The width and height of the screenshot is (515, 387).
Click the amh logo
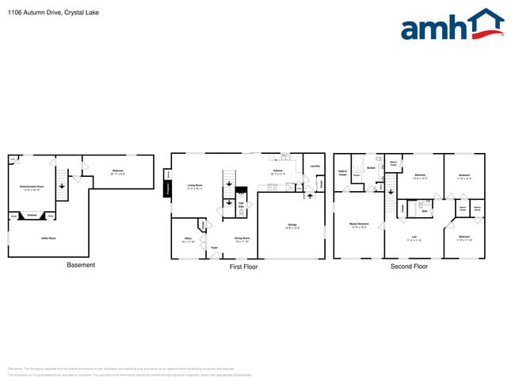click(x=452, y=25)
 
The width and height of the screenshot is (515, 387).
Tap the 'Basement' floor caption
click(x=81, y=265)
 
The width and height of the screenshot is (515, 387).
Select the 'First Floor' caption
click(x=243, y=266)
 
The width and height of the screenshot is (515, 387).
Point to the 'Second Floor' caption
click(x=409, y=266)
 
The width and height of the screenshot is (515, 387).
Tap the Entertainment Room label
click(x=32, y=186)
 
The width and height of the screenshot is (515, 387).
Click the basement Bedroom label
click(x=117, y=171)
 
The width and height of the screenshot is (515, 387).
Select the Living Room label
click(x=196, y=186)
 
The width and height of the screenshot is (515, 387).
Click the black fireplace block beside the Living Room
click(x=168, y=189)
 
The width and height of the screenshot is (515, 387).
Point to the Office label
click(x=188, y=238)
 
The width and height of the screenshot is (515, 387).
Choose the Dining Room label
click(x=242, y=238)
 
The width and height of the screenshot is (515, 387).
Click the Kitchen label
click(x=278, y=171)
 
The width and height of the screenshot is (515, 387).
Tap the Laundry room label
click(x=315, y=166)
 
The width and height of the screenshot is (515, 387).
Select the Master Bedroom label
click(x=358, y=224)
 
